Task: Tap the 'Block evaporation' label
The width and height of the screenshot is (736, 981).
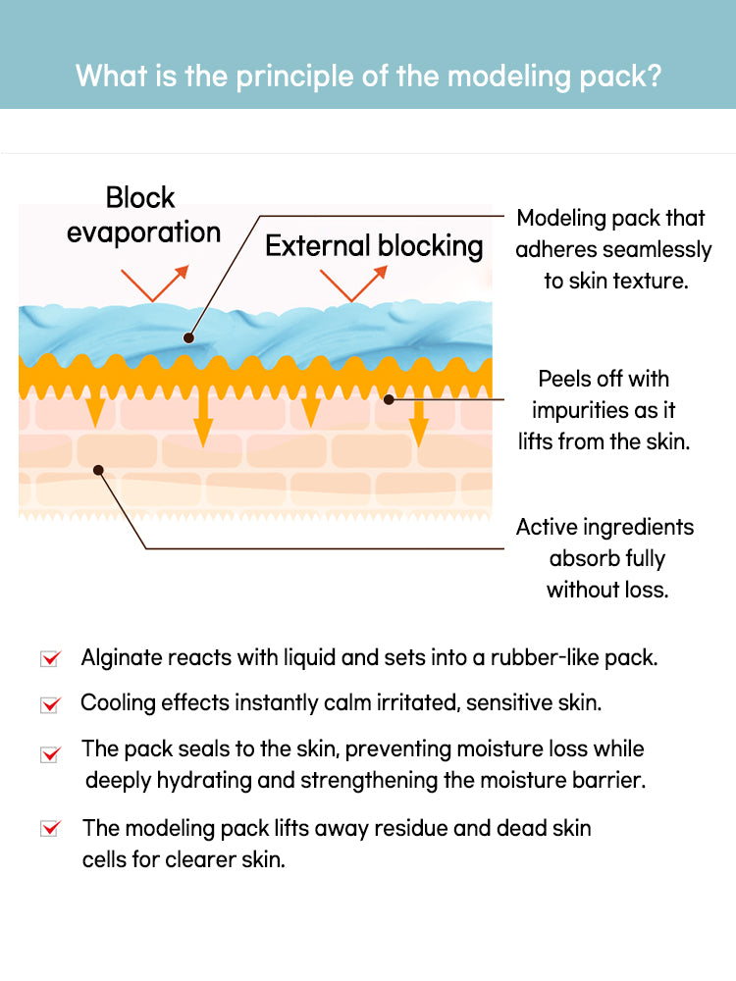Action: [x=143, y=215]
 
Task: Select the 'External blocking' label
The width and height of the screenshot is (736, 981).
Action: [x=374, y=245]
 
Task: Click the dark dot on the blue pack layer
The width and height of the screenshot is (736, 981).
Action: [x=188, y=338]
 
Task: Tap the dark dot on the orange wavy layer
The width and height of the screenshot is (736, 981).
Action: [x=389, y=399]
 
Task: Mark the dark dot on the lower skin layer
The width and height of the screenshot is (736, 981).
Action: [x=98, y=470]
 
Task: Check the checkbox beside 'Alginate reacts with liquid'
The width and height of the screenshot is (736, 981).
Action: [x=50, y=658]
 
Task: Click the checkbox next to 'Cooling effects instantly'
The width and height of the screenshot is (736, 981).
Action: [x=50, y=704]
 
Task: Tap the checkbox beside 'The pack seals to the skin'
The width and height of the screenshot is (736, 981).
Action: [x=50, y=753]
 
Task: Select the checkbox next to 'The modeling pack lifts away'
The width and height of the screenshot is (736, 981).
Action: [x=50, y=829]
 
